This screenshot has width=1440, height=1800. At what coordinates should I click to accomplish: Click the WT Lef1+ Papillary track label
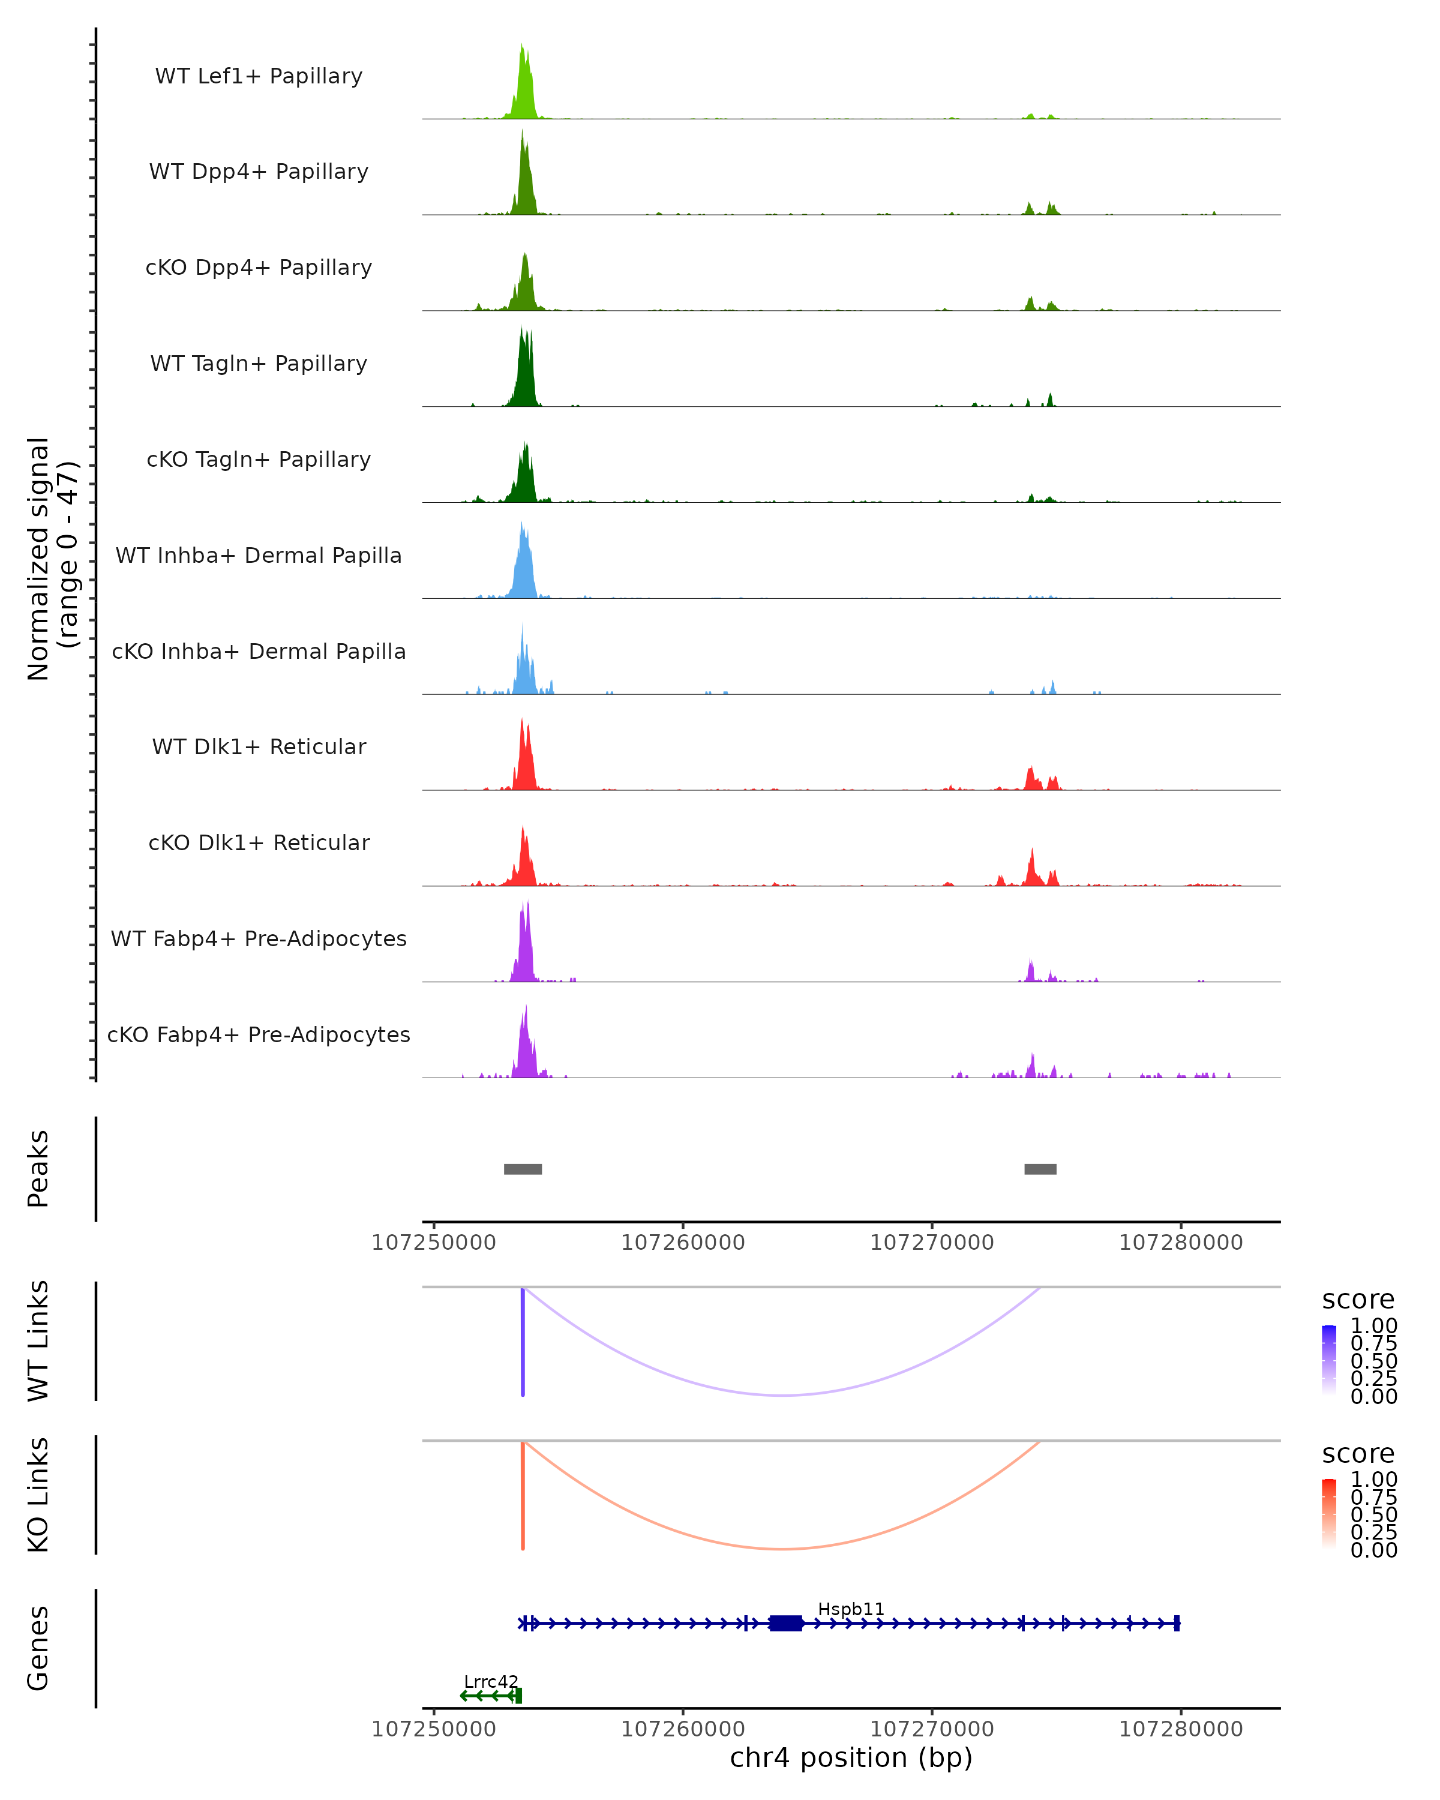(x=259, y=76)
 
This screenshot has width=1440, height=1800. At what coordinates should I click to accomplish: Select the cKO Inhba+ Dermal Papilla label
(x=259, y=651)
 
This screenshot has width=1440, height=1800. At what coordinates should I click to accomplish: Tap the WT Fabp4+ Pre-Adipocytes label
(x=259, y=938)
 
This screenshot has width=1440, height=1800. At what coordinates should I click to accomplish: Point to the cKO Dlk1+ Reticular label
(x=259, y=842)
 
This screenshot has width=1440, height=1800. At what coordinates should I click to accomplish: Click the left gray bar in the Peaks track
(x=523, y=1169)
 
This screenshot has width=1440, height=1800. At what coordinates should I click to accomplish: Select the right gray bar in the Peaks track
(x=1040, y=1169)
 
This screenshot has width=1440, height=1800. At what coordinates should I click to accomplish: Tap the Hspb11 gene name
(x=851, y=1609)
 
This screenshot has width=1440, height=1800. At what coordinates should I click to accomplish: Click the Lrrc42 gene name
(x=491, y=1681)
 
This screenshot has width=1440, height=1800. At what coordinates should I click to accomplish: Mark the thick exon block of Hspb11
(x=785, y=1623)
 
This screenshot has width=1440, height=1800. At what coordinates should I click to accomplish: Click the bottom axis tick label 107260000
(x=683, y=1729)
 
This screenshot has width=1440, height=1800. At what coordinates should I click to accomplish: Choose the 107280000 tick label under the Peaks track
(x=1180, y=1243)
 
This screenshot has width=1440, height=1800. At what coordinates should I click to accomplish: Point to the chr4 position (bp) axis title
(x=851, y=1757)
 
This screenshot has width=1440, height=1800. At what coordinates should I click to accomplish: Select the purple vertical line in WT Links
(x=523, y=1342)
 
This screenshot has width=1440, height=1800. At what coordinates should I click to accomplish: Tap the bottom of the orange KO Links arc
(x=781, y=1549)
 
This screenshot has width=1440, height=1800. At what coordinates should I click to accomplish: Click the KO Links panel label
(x=38, y=1495)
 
